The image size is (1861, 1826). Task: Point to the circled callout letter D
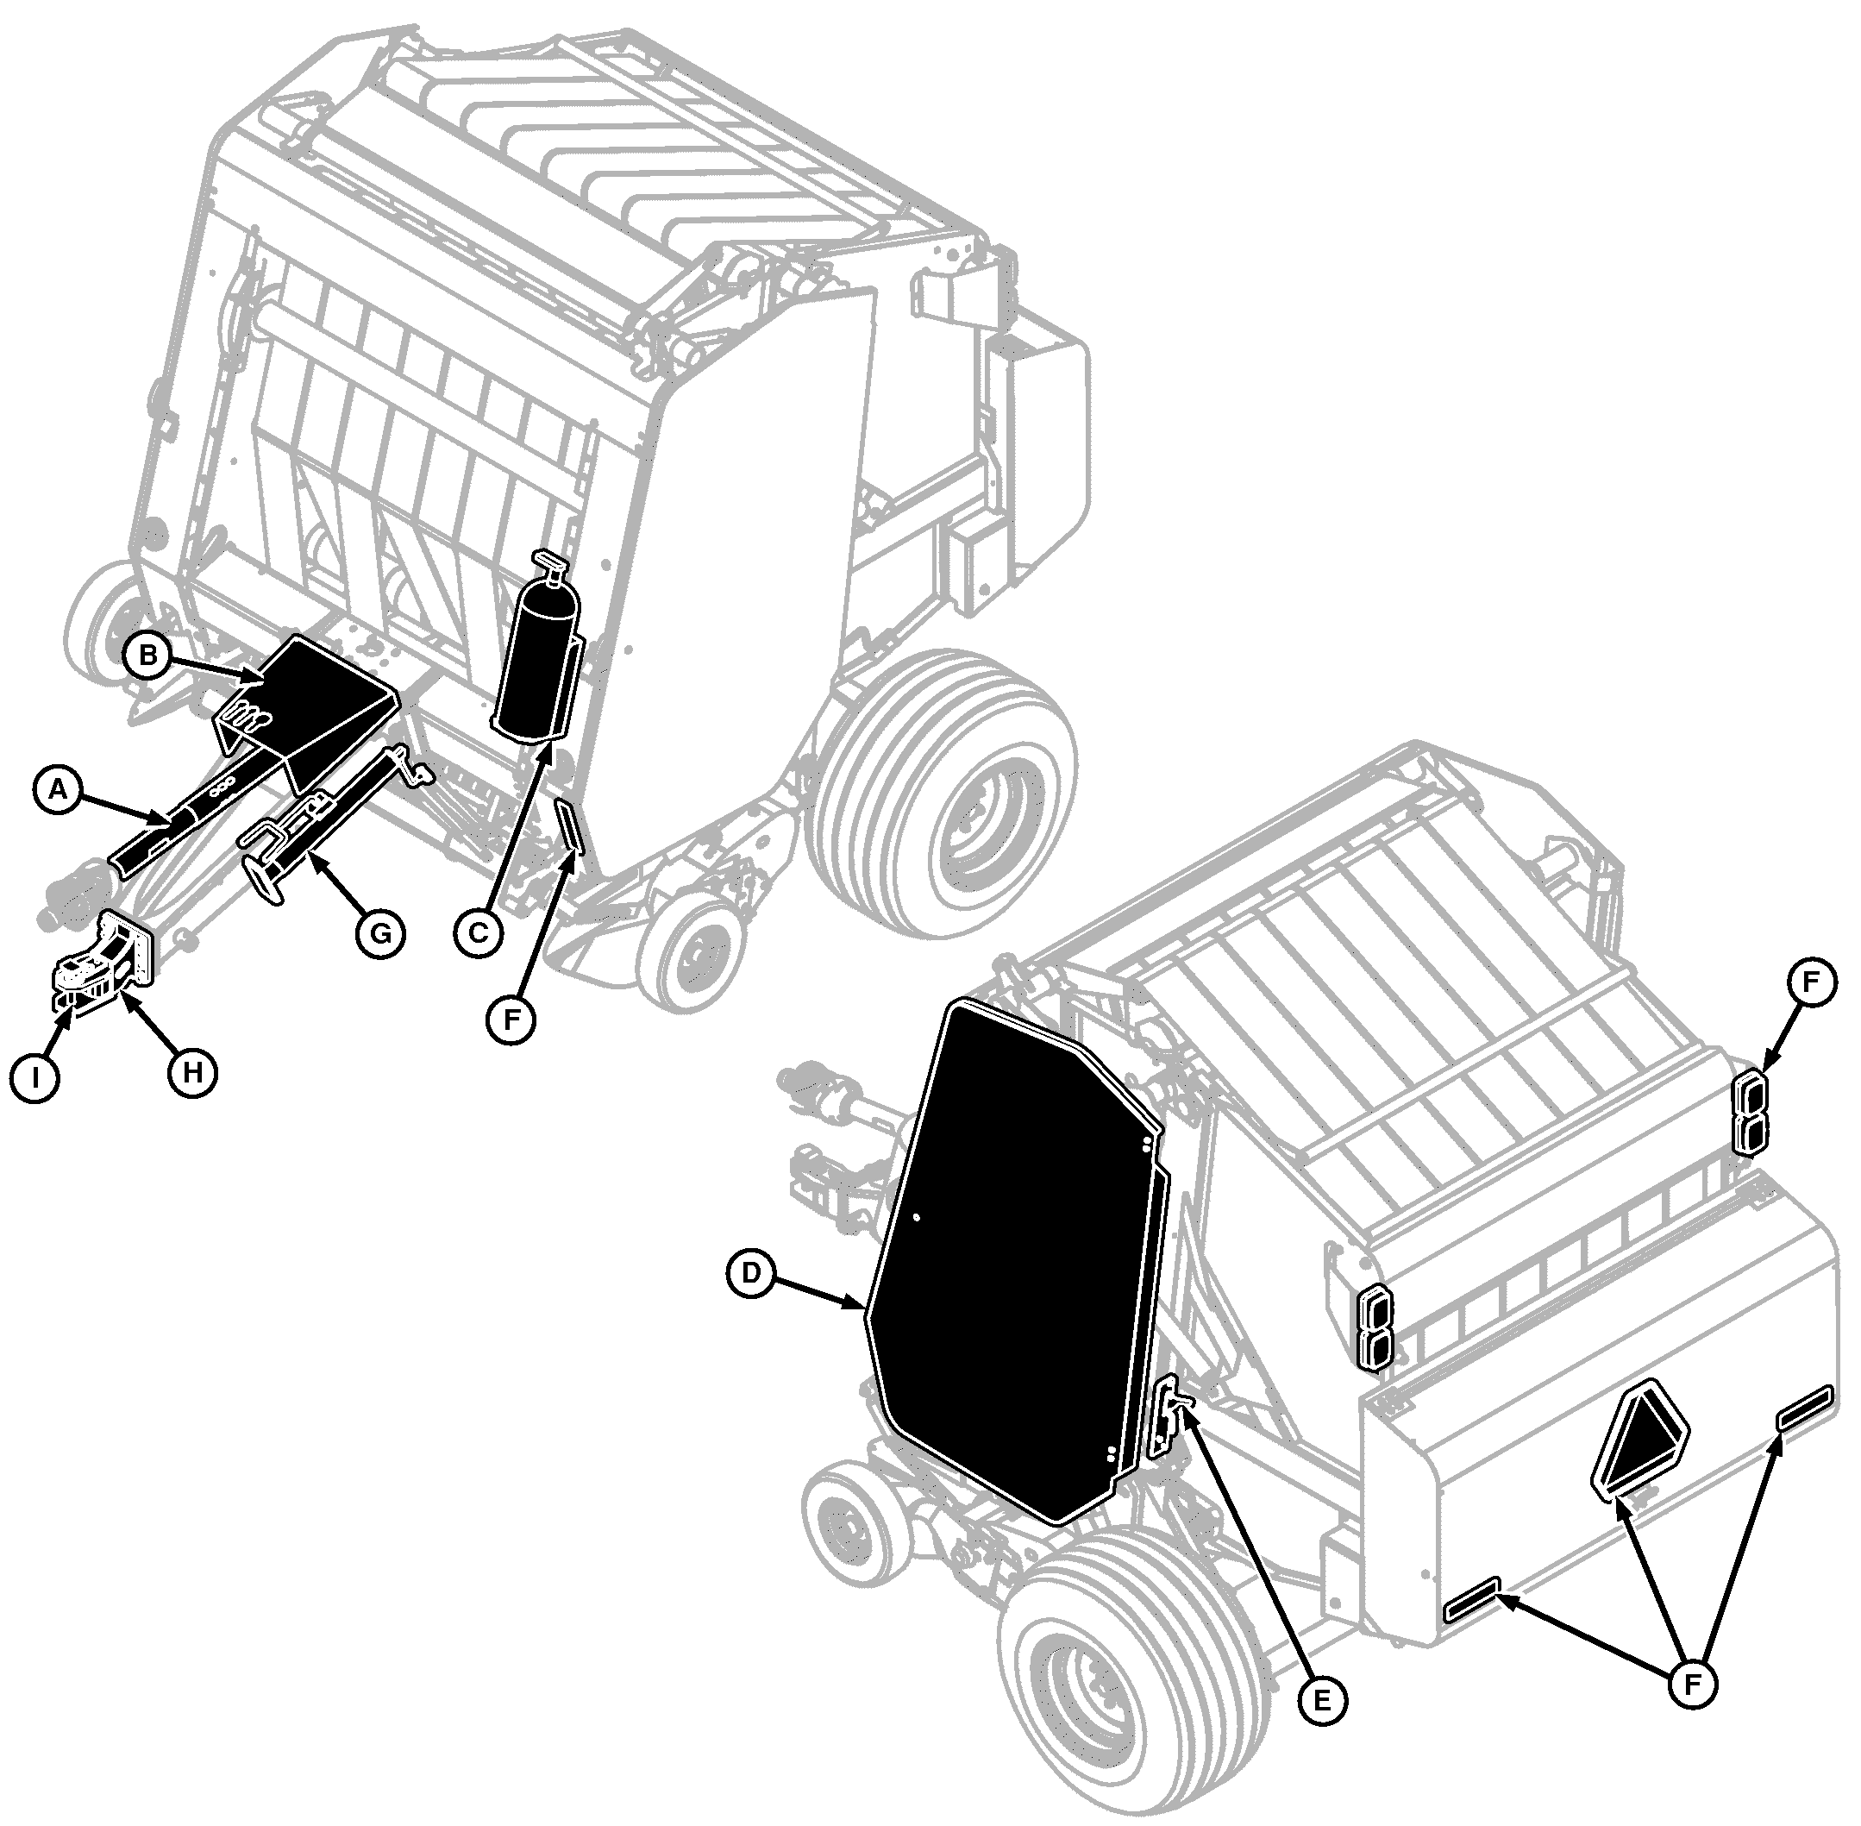(751, 1271)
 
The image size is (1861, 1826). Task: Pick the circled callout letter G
(380, 932)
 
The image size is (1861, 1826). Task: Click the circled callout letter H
(192, 1071)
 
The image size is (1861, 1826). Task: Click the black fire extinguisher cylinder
(537, 662)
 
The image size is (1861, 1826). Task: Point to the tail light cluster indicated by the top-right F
(1751, 1112)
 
